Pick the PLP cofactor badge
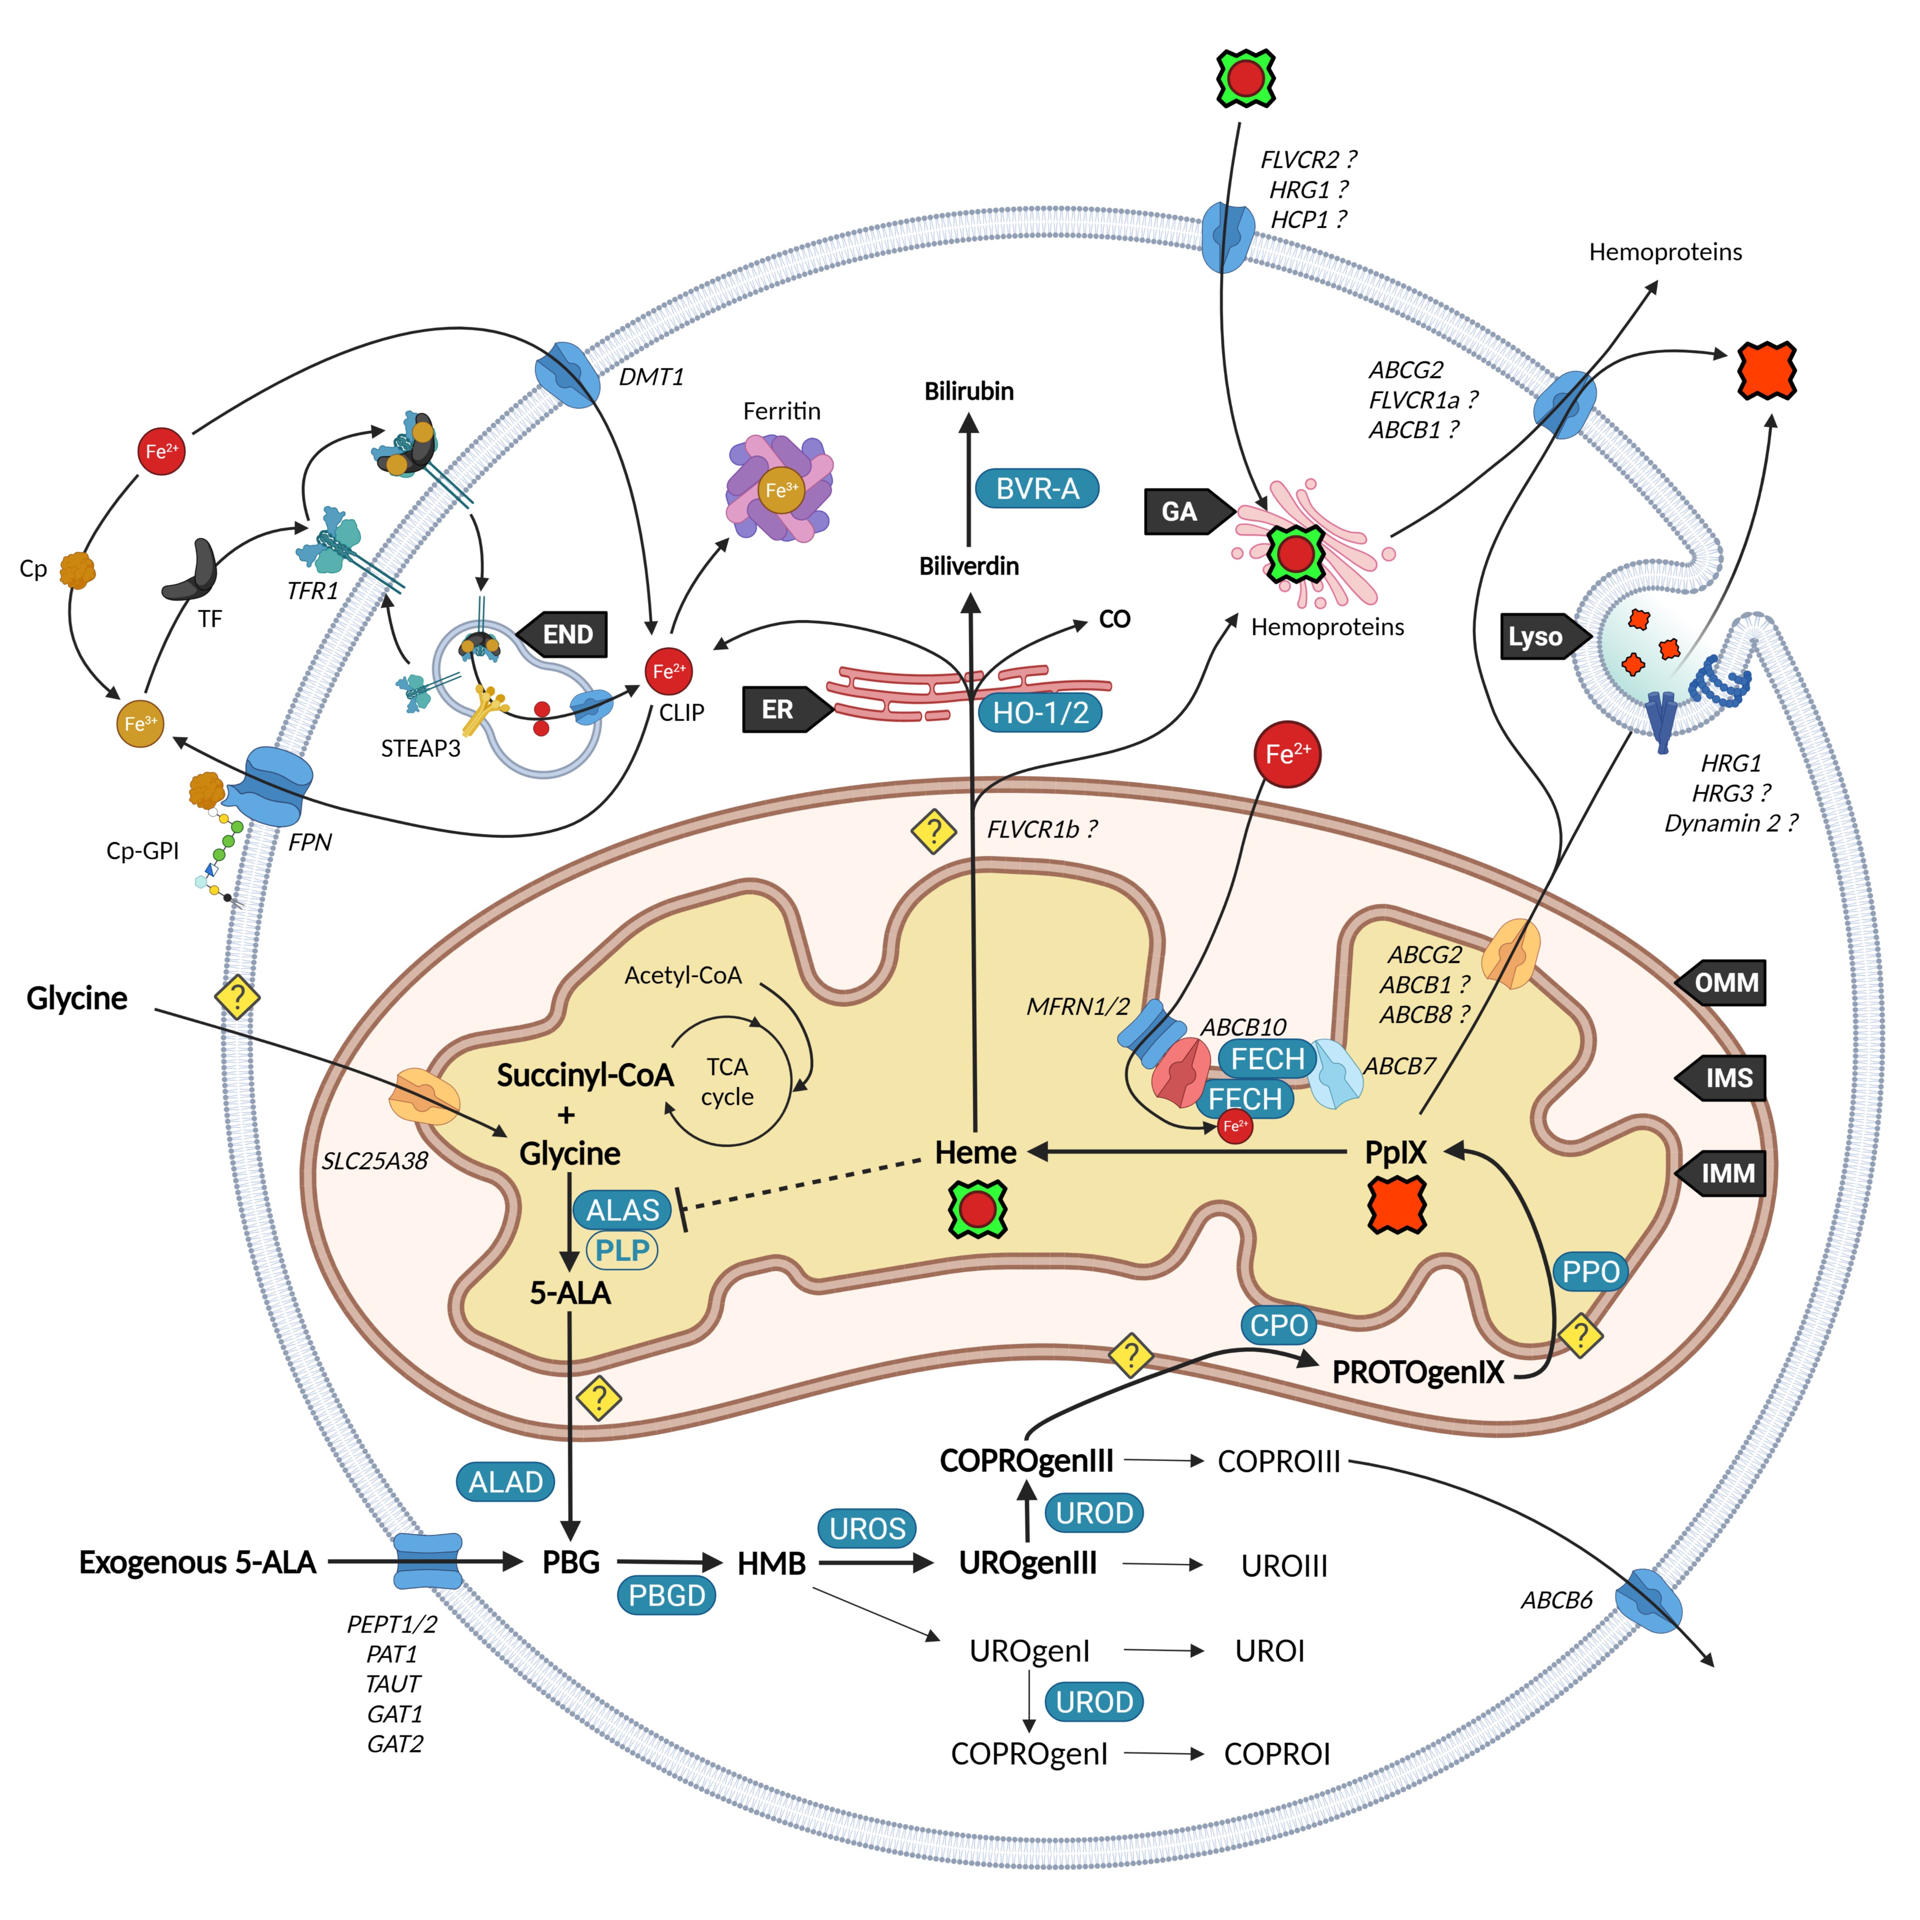click(x=622, y=1250)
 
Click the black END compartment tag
click(x=563, y=634)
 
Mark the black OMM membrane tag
click(x=1723, y=983)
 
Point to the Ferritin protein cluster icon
click(x=780, y=489)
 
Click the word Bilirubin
click(x=969, y=392)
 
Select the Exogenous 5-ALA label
click(x=197, y=1562)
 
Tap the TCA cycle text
click(x=727, y=1081)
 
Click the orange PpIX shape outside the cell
click(x=1766, y=371)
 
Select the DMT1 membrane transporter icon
click(x=567, y=375)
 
